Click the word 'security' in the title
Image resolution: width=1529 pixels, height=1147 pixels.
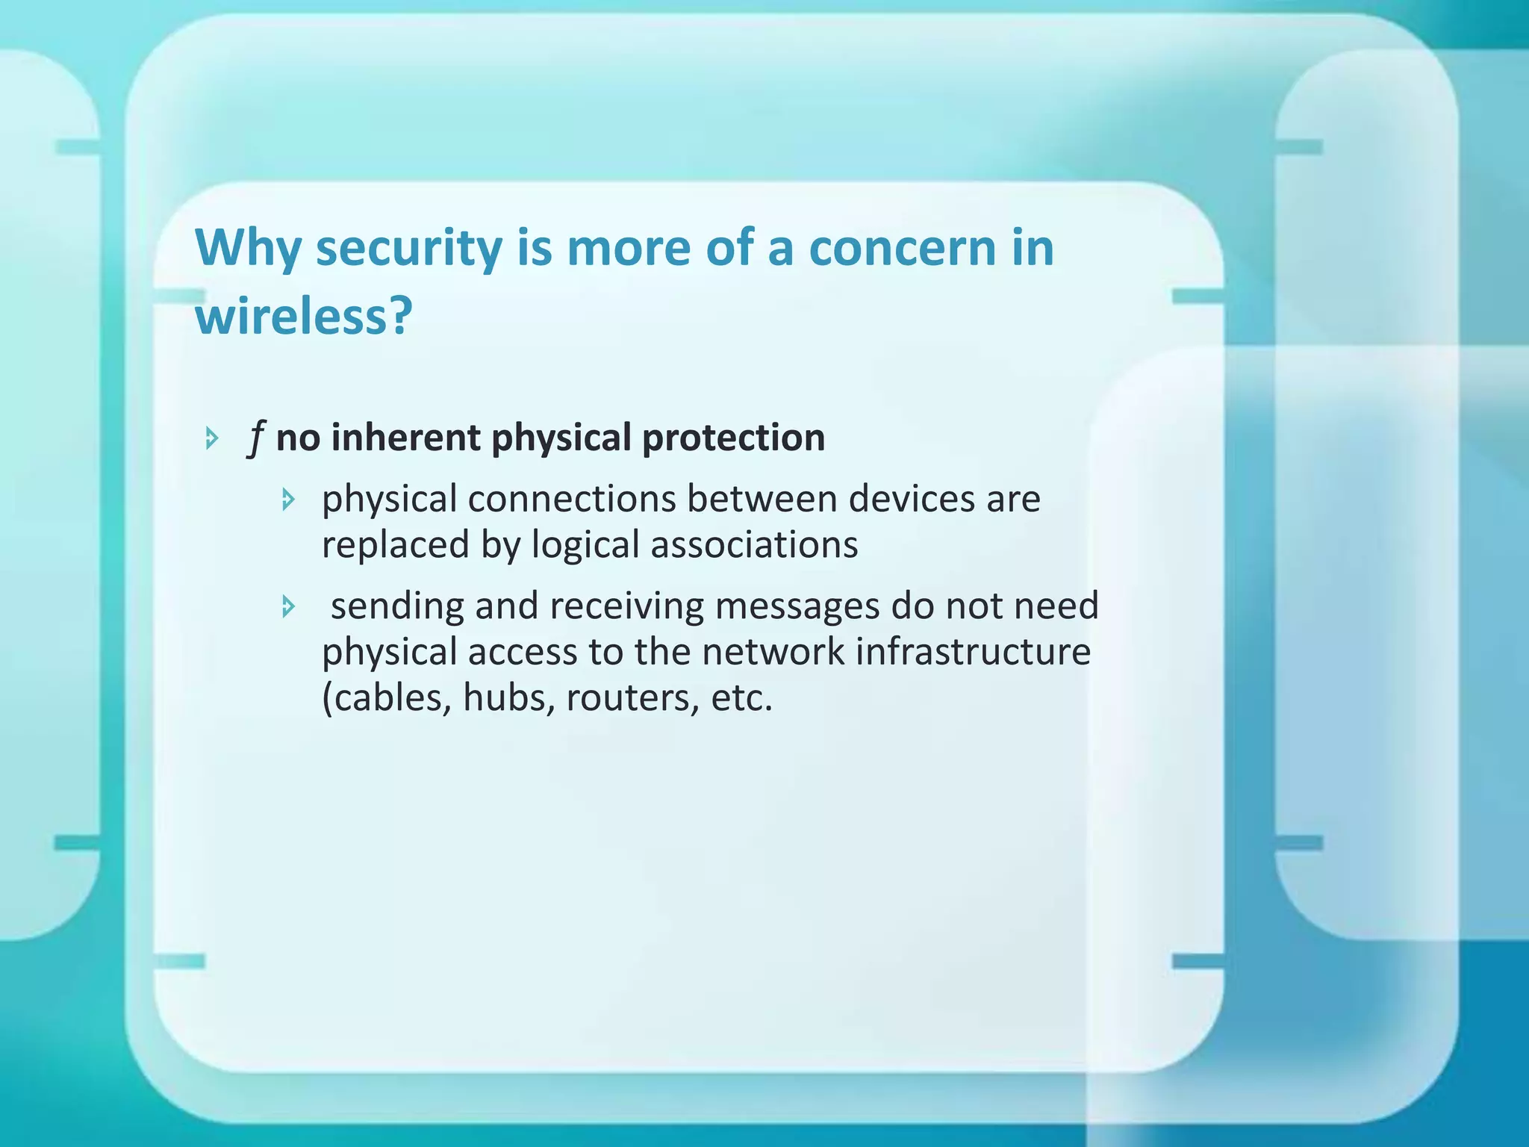[408, 249]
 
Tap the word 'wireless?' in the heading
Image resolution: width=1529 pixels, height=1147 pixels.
[303, 317]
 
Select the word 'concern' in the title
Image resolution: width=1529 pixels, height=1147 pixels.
[902, 249]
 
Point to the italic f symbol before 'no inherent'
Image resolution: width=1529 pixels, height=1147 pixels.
[256, 438]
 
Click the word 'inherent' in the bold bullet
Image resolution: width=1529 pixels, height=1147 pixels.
[405, 438]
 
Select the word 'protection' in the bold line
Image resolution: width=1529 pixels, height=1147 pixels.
[733, 438]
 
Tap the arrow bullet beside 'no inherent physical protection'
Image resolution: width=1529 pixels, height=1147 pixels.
[212, 438]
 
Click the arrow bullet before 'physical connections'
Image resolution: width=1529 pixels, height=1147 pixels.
[289, 500]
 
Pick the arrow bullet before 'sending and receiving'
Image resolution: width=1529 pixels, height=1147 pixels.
[289, 606]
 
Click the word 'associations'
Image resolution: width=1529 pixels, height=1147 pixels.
[754, 545]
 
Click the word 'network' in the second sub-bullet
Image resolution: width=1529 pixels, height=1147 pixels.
[773, 652]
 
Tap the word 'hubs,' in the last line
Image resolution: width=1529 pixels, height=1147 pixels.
[509, 698]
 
